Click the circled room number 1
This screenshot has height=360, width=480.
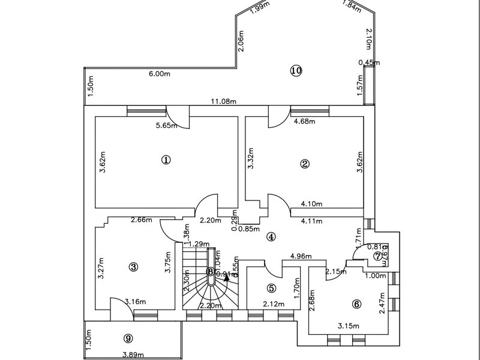pos(166,160)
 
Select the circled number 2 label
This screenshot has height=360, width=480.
pos(305,163)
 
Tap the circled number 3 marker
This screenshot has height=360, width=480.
pos(134,267)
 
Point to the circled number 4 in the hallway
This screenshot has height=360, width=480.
pos(271,236)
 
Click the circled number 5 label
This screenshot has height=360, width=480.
pos(271,288)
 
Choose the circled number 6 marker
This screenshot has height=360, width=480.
pos(357,304)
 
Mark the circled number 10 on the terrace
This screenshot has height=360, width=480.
pos(295,70)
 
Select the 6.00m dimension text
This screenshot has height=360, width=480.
pos(159,74)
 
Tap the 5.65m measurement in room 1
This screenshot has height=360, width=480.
pos(165,125)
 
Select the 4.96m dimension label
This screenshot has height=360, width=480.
pos(301,256)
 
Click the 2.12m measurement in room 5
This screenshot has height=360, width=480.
pos(274,305)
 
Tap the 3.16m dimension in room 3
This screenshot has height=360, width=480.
pos(136,301)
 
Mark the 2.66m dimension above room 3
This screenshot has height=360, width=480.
pos(142,220)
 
